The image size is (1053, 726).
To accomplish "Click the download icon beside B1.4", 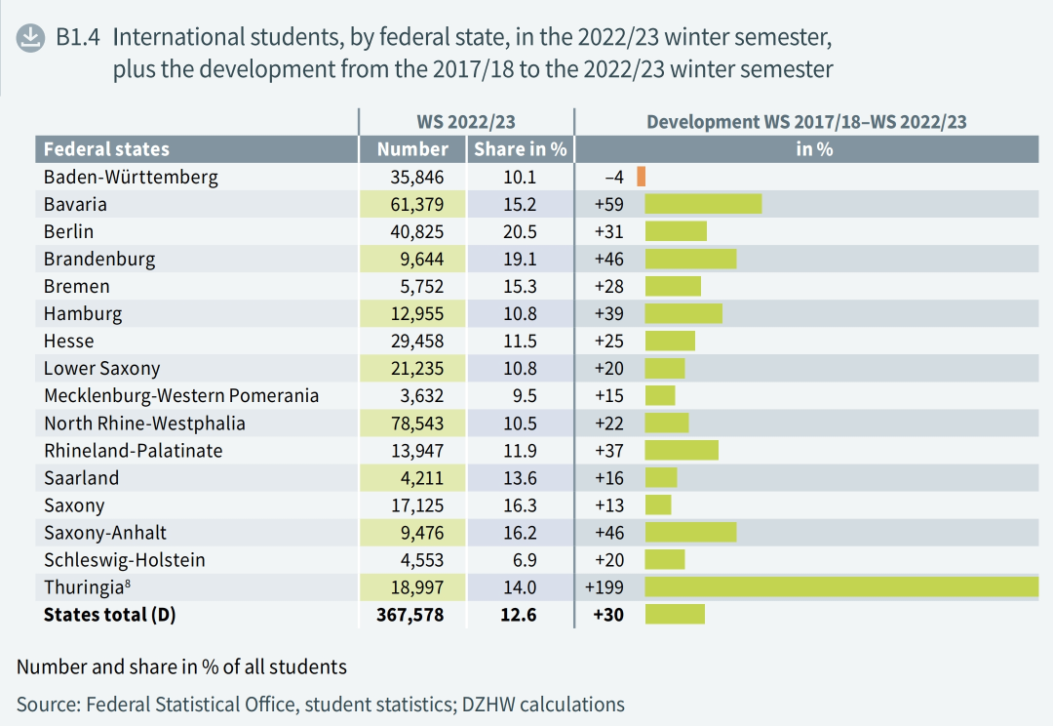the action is (x=30, y=38).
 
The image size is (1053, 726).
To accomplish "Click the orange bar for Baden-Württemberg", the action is (x=642, y=177).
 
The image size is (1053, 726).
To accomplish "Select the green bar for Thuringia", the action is (x=842, y=586).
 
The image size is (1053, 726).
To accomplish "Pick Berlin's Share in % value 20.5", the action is (x=520, y=232).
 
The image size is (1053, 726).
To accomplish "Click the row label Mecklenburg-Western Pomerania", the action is (x=181, y=396).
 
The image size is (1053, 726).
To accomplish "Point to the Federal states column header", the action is (x=107, y=149).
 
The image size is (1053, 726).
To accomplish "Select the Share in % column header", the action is (x=521, y=149).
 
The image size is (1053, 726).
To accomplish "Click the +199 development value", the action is (x=604, y=587).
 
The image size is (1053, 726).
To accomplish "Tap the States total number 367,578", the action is (x=410, y=615).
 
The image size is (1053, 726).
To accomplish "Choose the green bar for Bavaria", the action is (x=703, y=204).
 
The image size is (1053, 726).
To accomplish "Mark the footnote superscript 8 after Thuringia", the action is (x=128, y=583).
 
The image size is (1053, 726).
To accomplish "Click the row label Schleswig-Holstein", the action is (x=124, y=560).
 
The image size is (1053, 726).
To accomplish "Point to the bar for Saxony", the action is (x=658, y=504).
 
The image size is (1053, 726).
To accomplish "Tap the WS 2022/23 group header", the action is (x=466, y=122).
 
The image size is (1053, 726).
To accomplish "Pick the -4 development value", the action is (x=614, y=178).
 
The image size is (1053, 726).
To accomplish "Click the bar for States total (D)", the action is (x=675, y=615).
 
